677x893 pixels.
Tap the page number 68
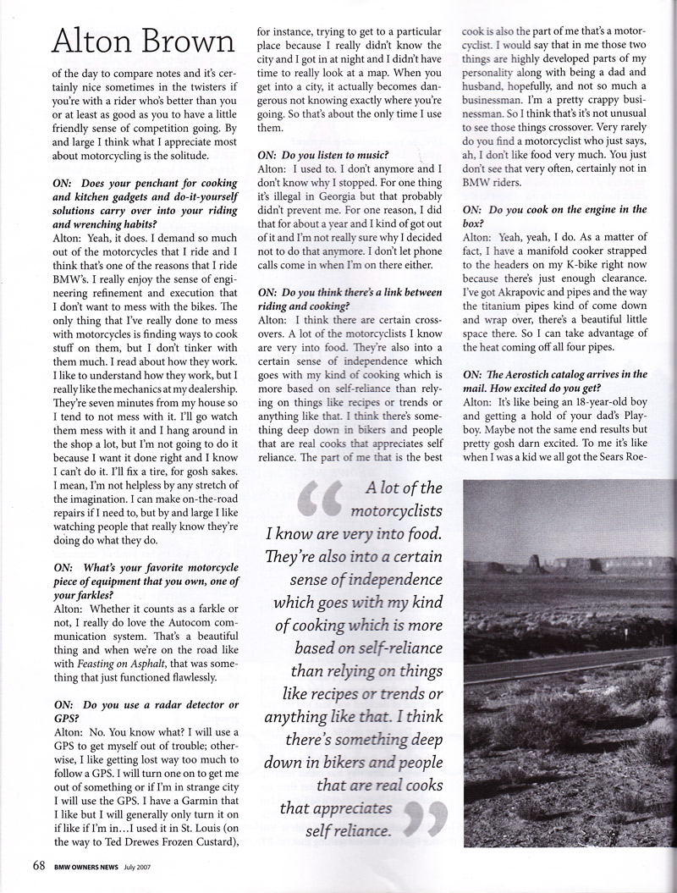click(x=39, y=865)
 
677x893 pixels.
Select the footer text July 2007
click(x=137, y=867)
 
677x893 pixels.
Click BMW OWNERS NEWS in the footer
click(x=85, y=867)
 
